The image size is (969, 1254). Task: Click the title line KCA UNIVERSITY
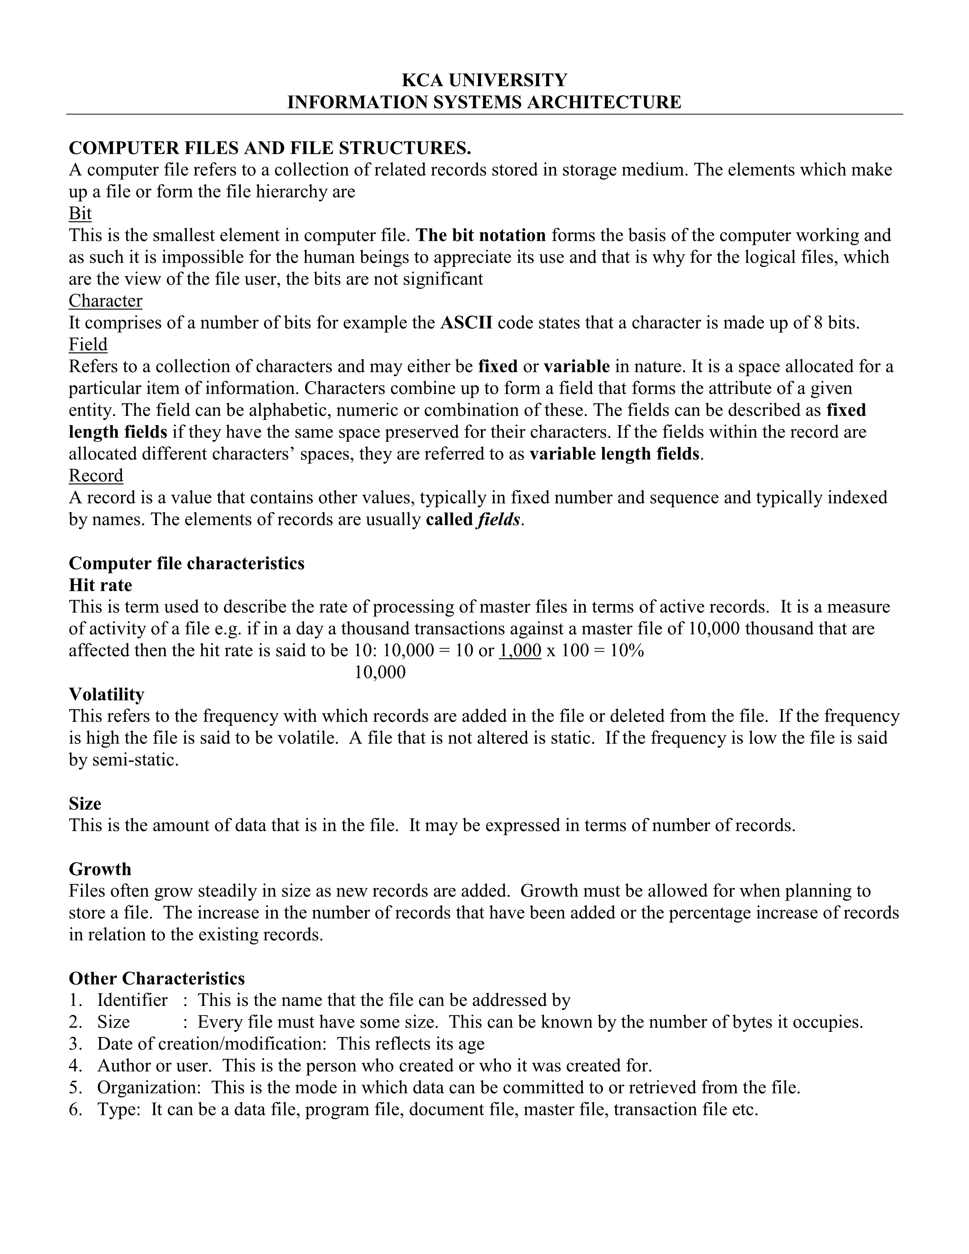tap(484, 80)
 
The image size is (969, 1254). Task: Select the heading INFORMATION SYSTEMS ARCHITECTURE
tap(484, 102)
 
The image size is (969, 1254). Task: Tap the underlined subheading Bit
tap(80, 214)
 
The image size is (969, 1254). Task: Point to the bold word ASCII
tap(466, 323)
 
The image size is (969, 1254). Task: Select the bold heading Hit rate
tap(100, 585)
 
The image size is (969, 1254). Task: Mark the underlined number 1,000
tap(520, 651)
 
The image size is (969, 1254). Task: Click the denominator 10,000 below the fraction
tap(380, 672)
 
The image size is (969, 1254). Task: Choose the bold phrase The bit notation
tap(480, 236)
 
